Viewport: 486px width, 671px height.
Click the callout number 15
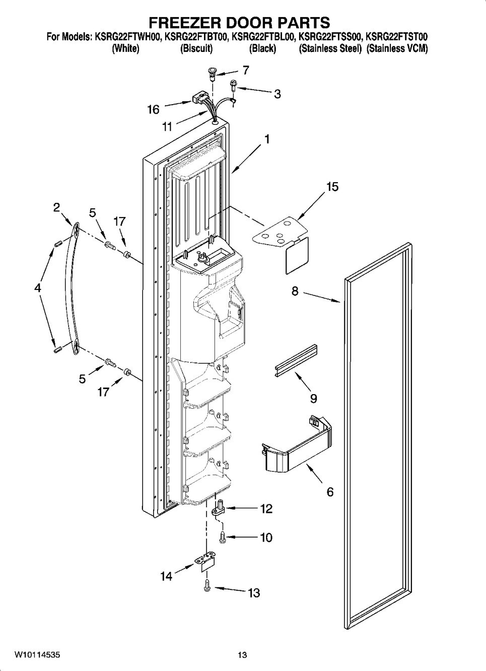coord(332,187)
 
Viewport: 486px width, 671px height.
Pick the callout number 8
coord(295,290)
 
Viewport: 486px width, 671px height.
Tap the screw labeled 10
coord(222,537)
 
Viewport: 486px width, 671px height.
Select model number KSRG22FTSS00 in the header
coord(330,37)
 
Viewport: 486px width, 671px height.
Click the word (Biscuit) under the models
coord(196,49)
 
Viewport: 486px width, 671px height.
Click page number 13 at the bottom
coord(243,655)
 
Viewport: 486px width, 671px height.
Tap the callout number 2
coord(56,207)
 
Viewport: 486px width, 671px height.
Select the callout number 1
coord(267,139)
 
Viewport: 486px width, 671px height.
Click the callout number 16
coord(153,109)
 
